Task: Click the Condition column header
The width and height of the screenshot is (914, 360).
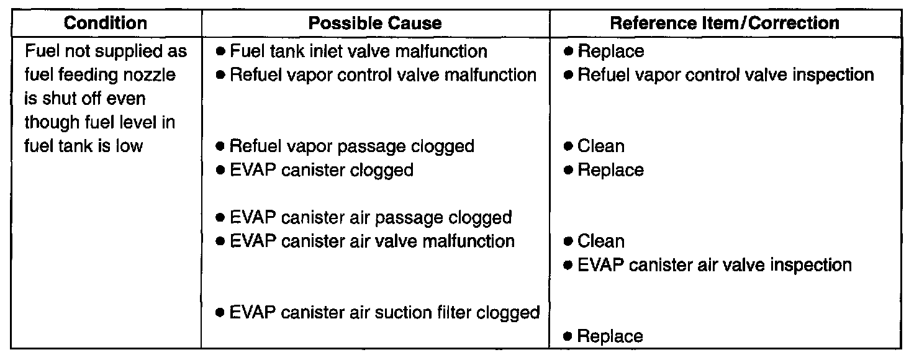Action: (106, 24)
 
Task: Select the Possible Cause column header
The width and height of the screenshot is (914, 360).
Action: (375, 24)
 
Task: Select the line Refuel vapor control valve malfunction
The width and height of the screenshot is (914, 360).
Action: (382, 75)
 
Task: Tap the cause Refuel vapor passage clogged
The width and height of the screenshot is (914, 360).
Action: (351, 146)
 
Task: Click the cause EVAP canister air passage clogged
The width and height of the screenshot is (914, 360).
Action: (370, 218)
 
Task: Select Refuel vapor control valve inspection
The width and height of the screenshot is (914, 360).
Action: (725, 75)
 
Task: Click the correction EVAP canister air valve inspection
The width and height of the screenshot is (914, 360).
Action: (714, 265)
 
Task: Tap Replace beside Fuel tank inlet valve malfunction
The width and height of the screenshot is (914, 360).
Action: (610, 52)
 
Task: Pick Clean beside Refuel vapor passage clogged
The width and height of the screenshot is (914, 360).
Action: (600, 146)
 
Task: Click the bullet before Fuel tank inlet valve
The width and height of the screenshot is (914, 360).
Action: (220, 52)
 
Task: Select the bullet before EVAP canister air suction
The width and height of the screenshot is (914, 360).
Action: (220, 312)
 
